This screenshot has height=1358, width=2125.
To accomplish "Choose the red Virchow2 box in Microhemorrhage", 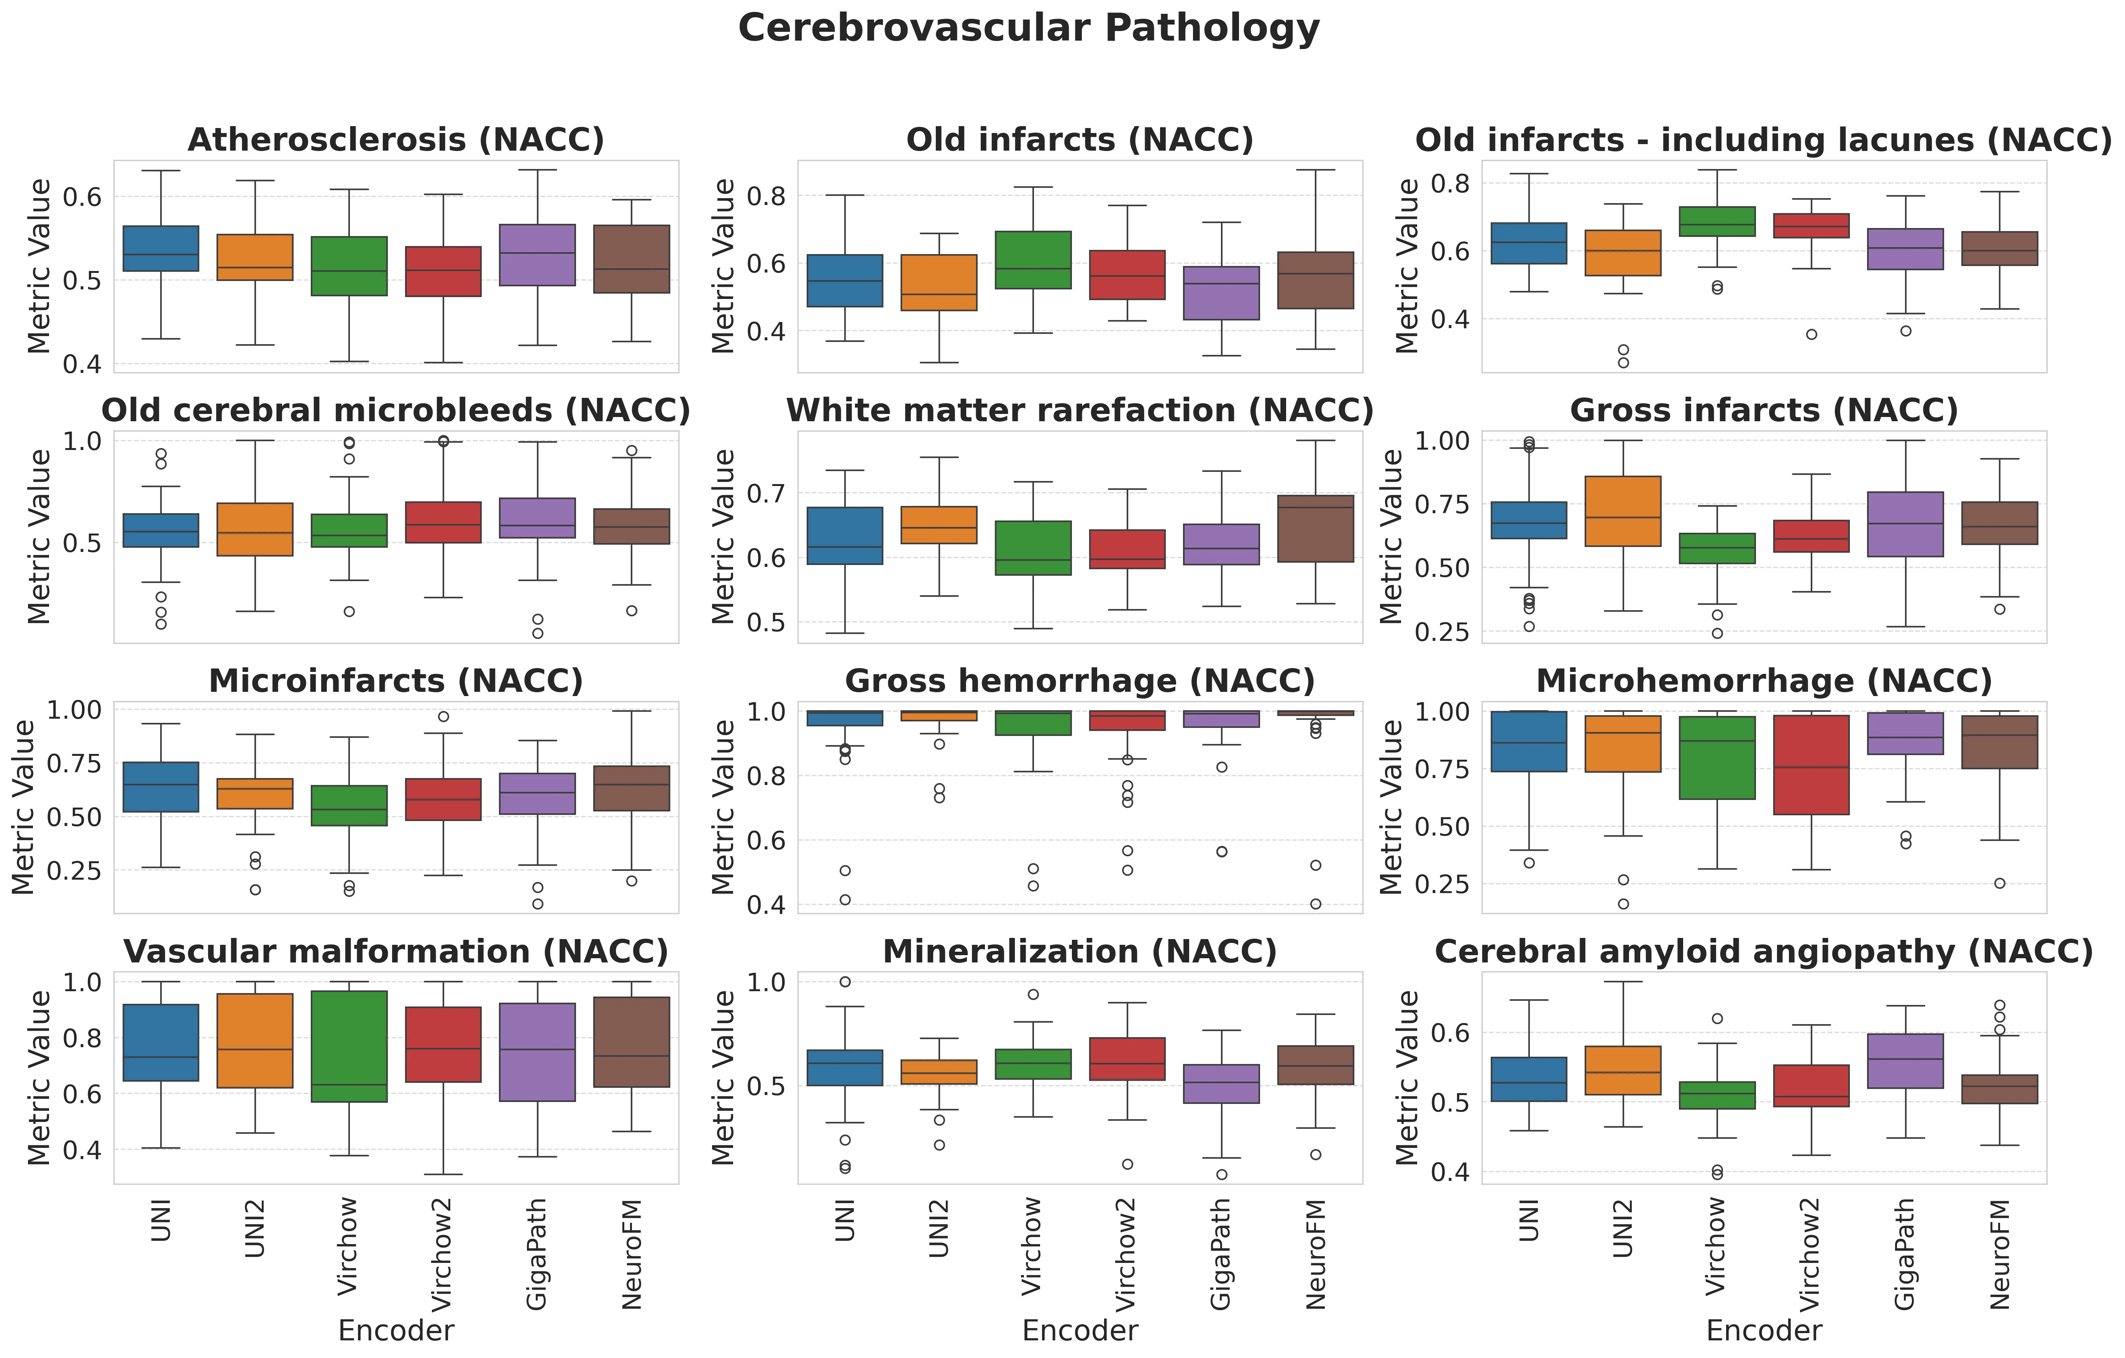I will (1811, 764).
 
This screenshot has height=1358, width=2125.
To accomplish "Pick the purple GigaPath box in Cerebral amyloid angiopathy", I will (1905, 1061).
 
